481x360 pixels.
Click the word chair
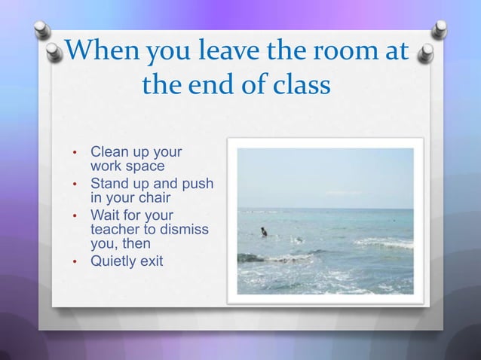tap(153, 198)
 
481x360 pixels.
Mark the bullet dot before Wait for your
tap(75, 215)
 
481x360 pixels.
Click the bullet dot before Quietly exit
tap(75, 262)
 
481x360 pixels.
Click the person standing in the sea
tap(263, 231)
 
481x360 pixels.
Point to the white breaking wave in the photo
tap(384, 243)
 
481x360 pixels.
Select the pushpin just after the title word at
tap(426, 53)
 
